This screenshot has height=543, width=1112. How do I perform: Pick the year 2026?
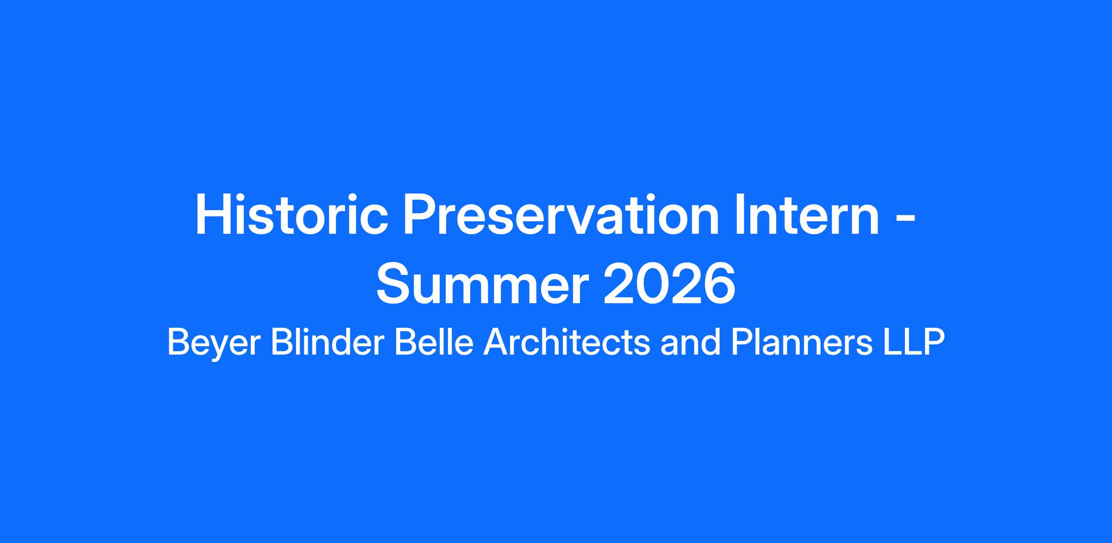pyautogui.click(x=670, y=284)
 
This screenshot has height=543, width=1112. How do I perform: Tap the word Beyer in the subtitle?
pyautogui.click(x=212, y=343)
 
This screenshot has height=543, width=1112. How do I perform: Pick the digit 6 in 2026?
pyautogui.click(x=719, y=284)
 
